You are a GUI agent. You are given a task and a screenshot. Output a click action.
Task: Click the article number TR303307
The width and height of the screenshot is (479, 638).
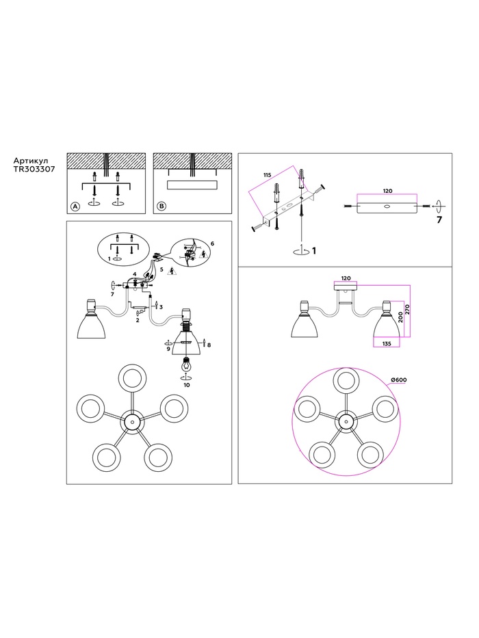click(x=34, y=168)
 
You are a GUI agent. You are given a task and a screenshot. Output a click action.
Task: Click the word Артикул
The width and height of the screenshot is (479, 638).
click(x=31, y=161)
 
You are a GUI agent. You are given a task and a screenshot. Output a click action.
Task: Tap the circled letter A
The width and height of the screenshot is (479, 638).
click(x=75, y=207)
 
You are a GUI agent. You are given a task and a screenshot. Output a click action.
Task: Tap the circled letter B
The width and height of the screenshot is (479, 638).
click(x=161, y=207)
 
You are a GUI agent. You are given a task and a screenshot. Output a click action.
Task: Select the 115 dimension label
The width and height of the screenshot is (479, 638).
click(x=267, y=175)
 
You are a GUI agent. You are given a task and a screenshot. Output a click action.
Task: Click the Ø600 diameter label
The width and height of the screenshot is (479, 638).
click(x=399, y=380)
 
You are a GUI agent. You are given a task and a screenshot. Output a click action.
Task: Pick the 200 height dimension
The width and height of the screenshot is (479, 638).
click(x=400, y=318)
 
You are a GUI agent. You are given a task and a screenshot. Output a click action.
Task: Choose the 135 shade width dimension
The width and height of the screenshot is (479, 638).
click(x=387, y=344)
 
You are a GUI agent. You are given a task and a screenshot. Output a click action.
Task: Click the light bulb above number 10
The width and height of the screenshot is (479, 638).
click(x=187, y=364)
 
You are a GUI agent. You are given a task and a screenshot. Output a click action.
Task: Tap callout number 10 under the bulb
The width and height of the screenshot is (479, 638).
click(x=187, y=385)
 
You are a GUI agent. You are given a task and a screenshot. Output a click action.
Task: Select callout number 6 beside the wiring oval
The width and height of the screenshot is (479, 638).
click(x=212, y=243)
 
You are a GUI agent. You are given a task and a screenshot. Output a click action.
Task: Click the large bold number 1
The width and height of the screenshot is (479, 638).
click(x=313, y=251)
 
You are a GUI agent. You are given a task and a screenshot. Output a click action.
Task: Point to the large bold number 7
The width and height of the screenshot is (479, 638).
click(x=439, y=220)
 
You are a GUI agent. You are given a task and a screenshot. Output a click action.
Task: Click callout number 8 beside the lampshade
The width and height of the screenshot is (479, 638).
click(x=209, y=345)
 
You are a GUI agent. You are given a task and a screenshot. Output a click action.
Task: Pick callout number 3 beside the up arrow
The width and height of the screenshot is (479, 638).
click(x=161, y=307)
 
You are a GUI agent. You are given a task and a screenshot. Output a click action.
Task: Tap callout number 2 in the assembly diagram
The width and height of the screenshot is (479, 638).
click(x=138, y=321)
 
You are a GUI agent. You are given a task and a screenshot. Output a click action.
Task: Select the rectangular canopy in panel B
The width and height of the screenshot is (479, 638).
click(x=192, y=185)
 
